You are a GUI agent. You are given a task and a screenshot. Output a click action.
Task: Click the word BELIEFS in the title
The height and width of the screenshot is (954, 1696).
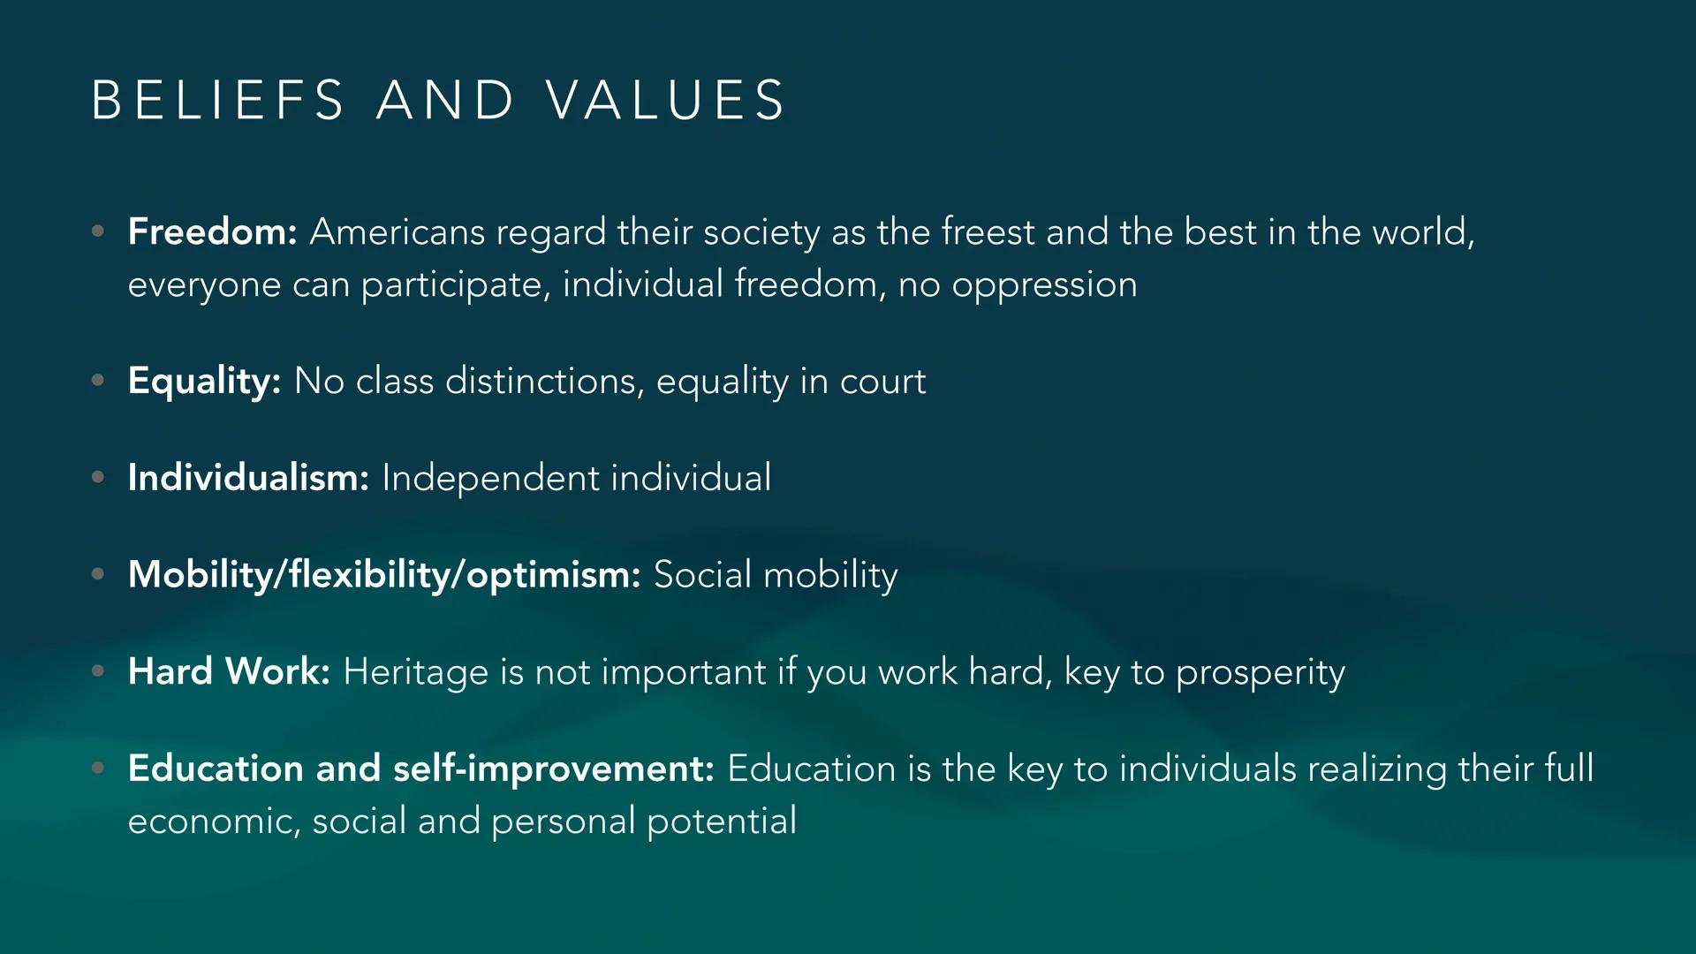coord(217,99)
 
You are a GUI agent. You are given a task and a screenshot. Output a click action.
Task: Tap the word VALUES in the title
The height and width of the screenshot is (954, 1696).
coord(665,99)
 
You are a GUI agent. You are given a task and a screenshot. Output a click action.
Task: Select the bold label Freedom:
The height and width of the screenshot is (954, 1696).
coord(212,231)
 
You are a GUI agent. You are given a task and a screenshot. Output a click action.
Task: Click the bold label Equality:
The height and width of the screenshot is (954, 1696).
coord(204,382)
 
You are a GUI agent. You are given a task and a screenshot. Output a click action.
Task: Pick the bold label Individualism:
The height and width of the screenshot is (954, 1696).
coord(248,478)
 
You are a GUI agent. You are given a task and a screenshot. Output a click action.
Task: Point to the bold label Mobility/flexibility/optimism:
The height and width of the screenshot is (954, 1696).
coord(384,575)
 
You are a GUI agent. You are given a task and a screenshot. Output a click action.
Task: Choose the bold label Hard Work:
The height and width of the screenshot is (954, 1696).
coord(229,671)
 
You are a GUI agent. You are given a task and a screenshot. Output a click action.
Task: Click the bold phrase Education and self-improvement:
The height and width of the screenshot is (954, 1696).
coord(420,768)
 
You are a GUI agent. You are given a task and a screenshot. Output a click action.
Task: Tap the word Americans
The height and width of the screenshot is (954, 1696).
coord(397,232)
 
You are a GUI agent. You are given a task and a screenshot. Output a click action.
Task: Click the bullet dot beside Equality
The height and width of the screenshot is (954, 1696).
coord(98,381)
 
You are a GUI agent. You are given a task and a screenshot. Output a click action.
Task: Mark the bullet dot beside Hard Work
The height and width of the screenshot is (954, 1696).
coord(98,671)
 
